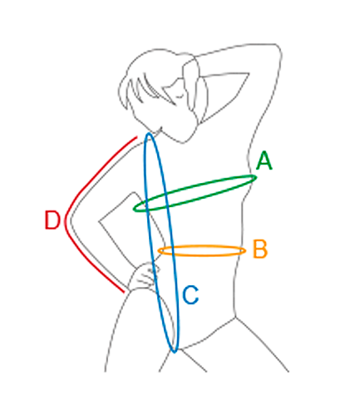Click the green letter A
[x=264, y=161]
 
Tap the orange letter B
[x=260, y=250]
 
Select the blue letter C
[x=190, y=295]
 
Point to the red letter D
[x=52, y=220]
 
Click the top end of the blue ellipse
[x=149, y=133]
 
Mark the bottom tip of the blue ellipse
[x=175, y=353]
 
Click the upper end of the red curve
[x=137, y=136]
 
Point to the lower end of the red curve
[x=124, y=292]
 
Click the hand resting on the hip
[x=143, y=276]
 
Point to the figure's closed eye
[x=180, y=96]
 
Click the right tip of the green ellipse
[x=256, y=177]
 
